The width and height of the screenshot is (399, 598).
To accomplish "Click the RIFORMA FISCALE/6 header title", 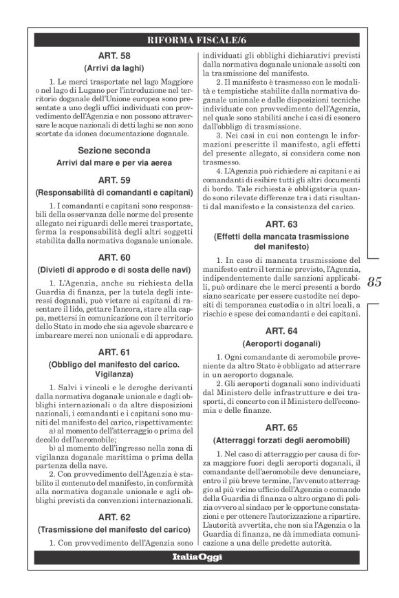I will [199, 40].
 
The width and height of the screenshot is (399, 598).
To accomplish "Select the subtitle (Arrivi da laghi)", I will [113, 69].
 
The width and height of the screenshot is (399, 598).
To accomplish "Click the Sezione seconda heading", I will [113, 150].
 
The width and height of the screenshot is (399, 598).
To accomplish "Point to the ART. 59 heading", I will [113, 181].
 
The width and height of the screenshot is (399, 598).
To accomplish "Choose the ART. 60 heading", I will [113, 254].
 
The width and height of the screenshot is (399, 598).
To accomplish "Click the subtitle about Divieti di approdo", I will [113, 267].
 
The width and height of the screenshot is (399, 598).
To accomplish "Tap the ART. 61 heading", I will [113, 351].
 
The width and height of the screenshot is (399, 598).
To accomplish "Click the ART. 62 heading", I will [113, 516].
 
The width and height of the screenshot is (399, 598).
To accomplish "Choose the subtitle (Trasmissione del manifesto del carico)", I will [113, 529].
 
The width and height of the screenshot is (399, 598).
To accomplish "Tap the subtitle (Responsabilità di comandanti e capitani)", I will [113, 194].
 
